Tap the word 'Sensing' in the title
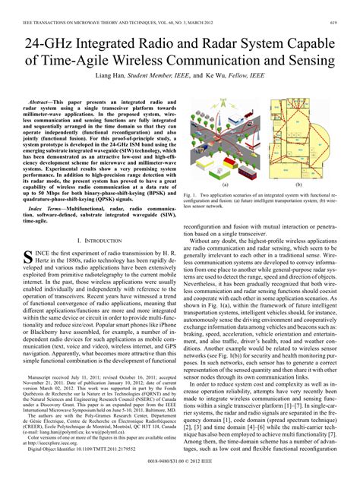308,60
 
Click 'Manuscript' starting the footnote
47,377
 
